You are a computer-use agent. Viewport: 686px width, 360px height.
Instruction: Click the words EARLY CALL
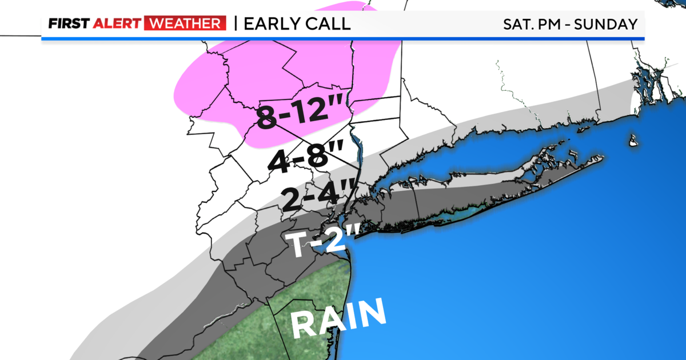point(297,24)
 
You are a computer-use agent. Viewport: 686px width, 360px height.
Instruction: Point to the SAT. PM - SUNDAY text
point(570,25)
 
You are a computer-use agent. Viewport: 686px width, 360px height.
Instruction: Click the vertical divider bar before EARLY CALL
point(235,24)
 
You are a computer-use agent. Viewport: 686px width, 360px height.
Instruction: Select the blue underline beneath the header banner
point(343,39)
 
